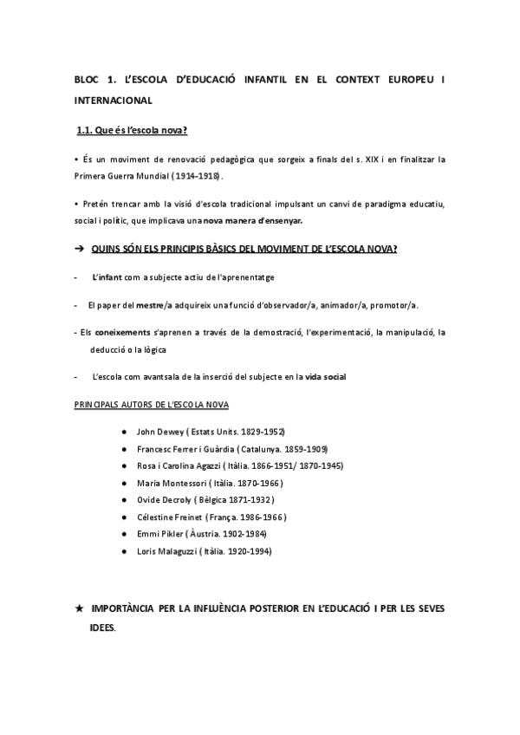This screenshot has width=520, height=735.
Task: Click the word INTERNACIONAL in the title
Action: [x=114, y=101]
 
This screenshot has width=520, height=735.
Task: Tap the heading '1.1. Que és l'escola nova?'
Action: [x=133, y=131]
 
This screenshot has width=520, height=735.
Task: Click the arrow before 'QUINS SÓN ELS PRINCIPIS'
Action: [x=79, y=249]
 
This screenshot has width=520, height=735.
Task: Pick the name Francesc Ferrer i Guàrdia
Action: [x=190, y=448]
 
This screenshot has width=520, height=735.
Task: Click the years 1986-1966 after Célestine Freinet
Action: [x=259, y=517]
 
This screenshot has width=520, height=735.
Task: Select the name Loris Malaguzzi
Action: [x=166, y=551]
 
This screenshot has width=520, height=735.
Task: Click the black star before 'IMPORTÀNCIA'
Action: [x=80, y=609]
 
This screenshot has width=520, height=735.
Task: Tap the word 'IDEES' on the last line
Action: [x=101, y=628]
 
